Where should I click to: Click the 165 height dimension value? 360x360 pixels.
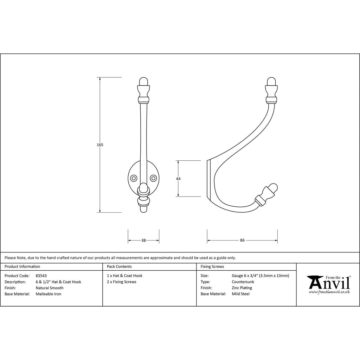click(x=100, y=145)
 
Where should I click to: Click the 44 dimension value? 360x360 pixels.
click(x=178, y=179)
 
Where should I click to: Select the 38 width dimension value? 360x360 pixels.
click(x=143, y=240)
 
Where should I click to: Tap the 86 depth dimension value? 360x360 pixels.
click(x=242, y=240)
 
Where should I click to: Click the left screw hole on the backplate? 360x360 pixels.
click(x=134, y=178)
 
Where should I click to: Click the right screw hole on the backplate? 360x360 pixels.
click(x=153, y=178)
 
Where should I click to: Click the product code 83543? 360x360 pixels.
click(x=41, y=276)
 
